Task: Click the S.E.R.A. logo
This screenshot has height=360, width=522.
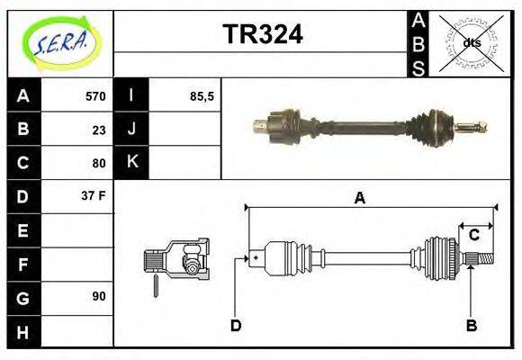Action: pos(61,43)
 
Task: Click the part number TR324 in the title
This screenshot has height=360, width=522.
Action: pos(262,34)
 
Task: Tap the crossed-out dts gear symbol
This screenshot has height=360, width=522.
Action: pos(470,42)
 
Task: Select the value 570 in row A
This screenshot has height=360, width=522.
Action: pos(94,96)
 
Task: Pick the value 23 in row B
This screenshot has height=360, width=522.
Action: pos(99,130)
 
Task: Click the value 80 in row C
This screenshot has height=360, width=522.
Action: pos(99,163)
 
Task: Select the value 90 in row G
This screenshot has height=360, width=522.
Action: pos(99,296)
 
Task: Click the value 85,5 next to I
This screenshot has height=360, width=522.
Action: pos(202,96)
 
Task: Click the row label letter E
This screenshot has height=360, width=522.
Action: pos(23,230)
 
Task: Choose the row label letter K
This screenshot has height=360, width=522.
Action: pos(131,163)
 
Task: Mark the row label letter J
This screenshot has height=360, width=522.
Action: pos(131,130)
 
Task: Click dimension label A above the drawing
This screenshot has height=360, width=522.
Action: pos(359,198)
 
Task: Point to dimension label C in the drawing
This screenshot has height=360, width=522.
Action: pos(472,236)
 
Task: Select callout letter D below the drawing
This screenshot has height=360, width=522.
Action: pos(236,325)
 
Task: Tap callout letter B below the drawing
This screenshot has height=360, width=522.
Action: pos(471,325)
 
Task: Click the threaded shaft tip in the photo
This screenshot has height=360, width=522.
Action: pos(475,126)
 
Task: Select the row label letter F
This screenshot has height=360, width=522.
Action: pos(23,264)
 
